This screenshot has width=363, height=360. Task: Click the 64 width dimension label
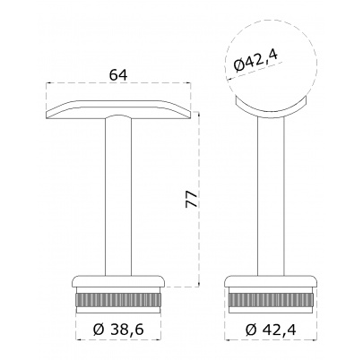118,75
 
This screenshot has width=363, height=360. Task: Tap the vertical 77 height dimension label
192,199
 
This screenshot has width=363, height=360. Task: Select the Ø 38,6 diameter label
118,330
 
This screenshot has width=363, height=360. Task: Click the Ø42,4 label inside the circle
255,61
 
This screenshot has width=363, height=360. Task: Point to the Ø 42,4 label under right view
271,330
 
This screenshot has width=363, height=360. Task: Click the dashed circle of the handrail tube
272,21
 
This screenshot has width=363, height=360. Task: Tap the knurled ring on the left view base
118,301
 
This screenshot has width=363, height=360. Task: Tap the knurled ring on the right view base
271,301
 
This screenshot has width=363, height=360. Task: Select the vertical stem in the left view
118,196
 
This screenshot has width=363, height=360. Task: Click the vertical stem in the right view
271,195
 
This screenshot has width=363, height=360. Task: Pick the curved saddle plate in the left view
118,109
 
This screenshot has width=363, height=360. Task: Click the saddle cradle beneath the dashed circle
271,111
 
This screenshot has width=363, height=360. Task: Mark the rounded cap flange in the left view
118,281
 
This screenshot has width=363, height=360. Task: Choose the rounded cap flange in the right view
271,281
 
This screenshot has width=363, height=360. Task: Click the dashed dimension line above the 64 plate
118,82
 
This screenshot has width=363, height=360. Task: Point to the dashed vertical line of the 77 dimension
199,200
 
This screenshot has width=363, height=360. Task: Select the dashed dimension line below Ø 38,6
118,340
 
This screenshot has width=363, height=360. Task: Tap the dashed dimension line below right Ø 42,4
271,340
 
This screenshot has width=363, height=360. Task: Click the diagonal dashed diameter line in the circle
254,71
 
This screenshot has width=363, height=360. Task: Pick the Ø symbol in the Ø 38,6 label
98,330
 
